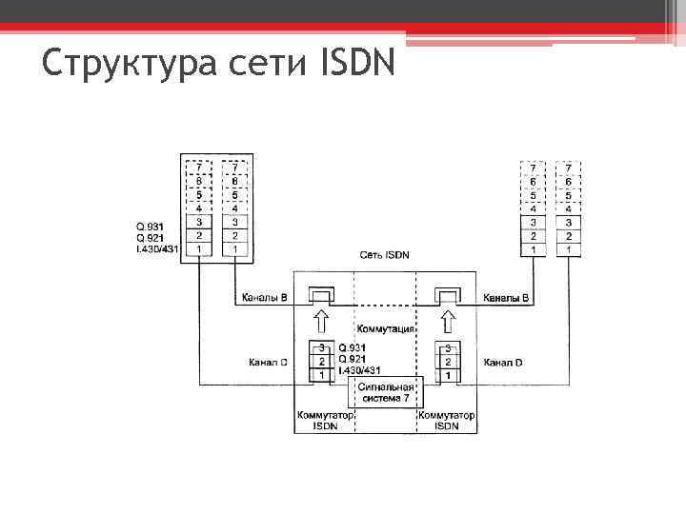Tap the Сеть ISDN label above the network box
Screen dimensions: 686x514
385,255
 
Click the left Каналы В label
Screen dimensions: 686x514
264,298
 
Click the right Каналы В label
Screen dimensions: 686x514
506,298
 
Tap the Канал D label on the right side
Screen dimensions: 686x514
503,363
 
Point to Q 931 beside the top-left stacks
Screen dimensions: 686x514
150,226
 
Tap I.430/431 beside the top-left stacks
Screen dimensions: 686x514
157,248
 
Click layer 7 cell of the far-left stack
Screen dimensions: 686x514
198,168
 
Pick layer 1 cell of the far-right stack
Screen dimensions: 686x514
569,249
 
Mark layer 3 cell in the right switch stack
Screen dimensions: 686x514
446,349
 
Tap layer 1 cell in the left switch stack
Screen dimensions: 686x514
323,375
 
